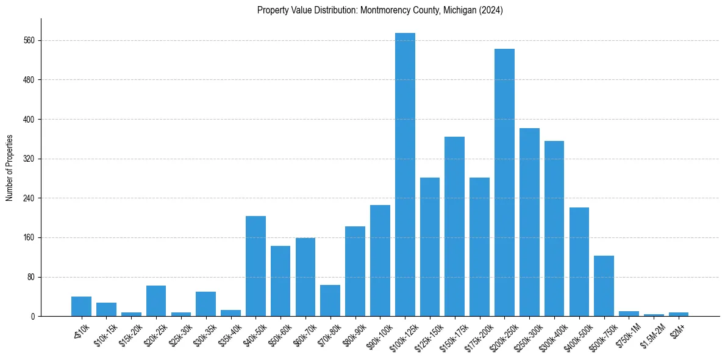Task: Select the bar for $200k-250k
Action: (x=504, y=182)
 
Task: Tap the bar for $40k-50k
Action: (x=255, y=266)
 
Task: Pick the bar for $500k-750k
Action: (x=604, y=286)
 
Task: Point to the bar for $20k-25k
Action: (x=156, y=301)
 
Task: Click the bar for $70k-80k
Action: (x=330, y=300)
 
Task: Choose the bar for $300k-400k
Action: (x=554, y=228)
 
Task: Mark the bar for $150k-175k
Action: (x=454, y=226)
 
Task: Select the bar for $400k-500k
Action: (x=579, y=262)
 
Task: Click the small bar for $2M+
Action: (x=679, y=314)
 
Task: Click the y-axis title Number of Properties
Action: (x=9, y=167)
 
